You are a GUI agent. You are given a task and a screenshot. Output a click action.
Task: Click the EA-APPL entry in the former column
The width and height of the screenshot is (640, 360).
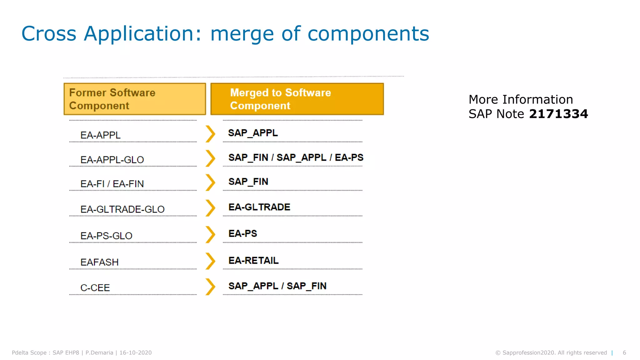tap(100, 135)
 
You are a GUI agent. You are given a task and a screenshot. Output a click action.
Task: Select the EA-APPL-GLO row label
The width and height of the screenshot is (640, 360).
tap(112, 160)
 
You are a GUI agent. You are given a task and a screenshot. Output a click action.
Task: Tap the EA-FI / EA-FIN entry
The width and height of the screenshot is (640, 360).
tap(112, 184)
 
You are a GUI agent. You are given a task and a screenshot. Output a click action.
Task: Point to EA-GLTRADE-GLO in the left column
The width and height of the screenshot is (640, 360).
tap(122, 209)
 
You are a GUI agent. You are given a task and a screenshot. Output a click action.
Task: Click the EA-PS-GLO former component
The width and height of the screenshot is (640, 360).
tap(106, 236)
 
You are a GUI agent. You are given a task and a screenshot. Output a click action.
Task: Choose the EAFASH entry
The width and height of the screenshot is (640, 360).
tap(99, 262)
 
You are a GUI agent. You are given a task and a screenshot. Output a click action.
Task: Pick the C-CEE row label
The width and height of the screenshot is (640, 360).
tap(95, 287)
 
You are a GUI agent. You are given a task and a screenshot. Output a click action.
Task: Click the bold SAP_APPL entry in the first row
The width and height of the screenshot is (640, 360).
tap(253, 133)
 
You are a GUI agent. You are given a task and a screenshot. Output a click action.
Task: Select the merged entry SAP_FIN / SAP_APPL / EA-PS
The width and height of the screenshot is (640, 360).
tap(296, 157)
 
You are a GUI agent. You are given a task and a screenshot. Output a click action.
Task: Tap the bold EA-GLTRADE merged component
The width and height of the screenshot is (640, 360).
tap(259, 207)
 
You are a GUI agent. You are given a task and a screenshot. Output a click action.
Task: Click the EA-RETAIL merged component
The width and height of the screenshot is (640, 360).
tap(253, 260)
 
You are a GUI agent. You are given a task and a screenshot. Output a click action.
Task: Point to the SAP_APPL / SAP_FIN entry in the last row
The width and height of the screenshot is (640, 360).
tap(277, 286)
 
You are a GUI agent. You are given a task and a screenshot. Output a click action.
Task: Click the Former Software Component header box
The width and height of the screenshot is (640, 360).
tap(135, 99)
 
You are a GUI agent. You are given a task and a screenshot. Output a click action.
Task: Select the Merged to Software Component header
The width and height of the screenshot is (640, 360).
tap(297, 99)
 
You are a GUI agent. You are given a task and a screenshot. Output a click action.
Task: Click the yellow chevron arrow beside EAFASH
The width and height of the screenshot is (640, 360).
tap(210, 261)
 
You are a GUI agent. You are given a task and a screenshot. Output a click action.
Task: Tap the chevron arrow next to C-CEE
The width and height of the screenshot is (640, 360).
tap(210, 287)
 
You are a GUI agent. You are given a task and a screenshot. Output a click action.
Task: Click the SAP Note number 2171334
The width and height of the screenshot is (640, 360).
tap(558, 114)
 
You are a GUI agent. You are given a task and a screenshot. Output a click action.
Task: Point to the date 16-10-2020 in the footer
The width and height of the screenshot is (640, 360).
tap(135, 352)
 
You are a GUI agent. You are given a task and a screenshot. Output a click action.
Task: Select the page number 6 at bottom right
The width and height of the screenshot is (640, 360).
tap(624, 352)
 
